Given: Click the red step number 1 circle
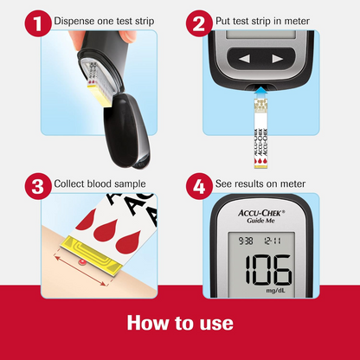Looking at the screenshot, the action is pos(38,23).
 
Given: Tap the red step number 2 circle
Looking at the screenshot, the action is pos(199,23).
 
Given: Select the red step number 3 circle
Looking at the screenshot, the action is pos(38,186).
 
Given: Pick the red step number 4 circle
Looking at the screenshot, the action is pos(199,186).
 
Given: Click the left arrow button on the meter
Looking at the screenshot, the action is pos(245,59).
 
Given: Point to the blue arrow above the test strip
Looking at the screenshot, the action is pos(260,92).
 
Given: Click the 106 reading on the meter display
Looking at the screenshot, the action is pos(268,270).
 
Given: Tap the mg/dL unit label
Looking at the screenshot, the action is pos(275,291).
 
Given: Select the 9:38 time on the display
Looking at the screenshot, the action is pos(246,241).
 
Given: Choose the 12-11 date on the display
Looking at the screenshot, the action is pos(273,241).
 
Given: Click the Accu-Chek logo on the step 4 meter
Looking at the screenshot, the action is pos(261,213).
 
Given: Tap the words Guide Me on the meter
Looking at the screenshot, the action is pos(260,221).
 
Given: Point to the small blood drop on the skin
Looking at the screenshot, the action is pos(82,262).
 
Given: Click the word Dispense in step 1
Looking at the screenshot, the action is pos(70,22).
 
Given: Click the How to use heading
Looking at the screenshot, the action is pos(180,323).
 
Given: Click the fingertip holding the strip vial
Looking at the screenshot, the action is pos(127,37).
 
